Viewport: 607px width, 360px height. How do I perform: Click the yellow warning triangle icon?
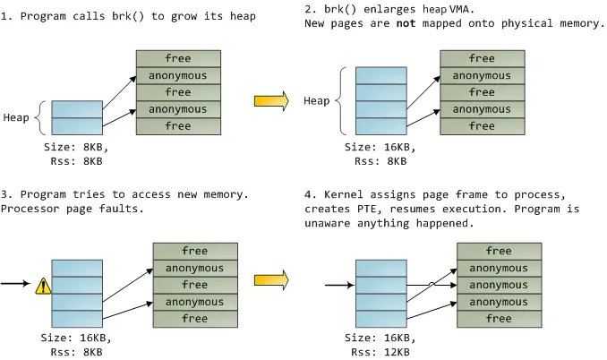click(x=43, y=287)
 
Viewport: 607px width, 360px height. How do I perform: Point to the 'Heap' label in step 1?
click(x=18, y=117)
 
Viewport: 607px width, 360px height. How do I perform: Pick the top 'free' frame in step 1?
click(x=178, y=59)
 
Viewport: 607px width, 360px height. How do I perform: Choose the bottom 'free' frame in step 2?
click(x=482, y=126)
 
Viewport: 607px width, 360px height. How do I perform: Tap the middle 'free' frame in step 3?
click(x=195, y=285)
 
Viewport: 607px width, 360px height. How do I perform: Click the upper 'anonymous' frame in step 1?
click(x=178, y=76)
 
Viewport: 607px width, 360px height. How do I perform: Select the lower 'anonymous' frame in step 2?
click(x=482, y=109)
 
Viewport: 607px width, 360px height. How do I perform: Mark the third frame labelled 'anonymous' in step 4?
click(x=499, y=302)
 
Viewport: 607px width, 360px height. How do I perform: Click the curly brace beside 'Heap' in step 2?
click(x=343, y=100)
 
